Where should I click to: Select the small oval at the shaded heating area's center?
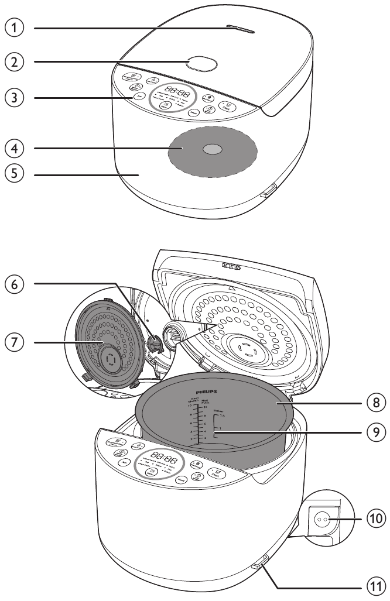213,150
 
